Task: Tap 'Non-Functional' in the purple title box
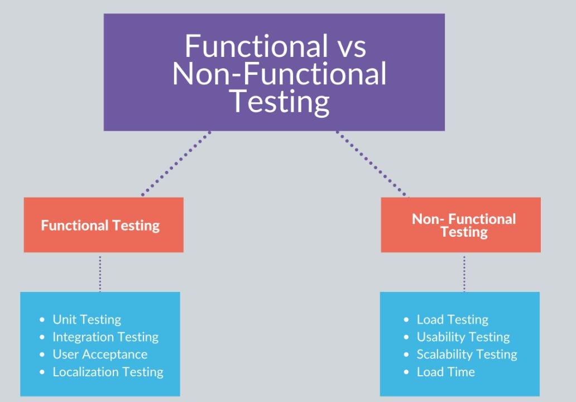point(279,74)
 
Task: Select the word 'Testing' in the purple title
point(279,102)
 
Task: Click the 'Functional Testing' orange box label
point(100,226)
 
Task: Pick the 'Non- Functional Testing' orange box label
point(464,225)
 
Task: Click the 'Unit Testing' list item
point(87,320)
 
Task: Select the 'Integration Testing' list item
point(105,337)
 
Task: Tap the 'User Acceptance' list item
point(100,354)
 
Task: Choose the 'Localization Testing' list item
point(108,372)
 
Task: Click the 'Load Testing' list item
point(453,320)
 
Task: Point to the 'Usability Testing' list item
point(463,337)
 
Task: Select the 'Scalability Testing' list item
point(467,354)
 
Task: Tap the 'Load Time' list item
point(445,372)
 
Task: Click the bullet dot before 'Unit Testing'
point(42,320)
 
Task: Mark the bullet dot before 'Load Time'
point(406,372)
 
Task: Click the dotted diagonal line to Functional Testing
point(176,164)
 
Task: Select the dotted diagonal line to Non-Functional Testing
point(371,164)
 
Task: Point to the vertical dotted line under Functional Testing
point(100,274)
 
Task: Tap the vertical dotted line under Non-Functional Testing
point(464,274)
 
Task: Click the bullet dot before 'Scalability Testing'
point(406,355)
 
